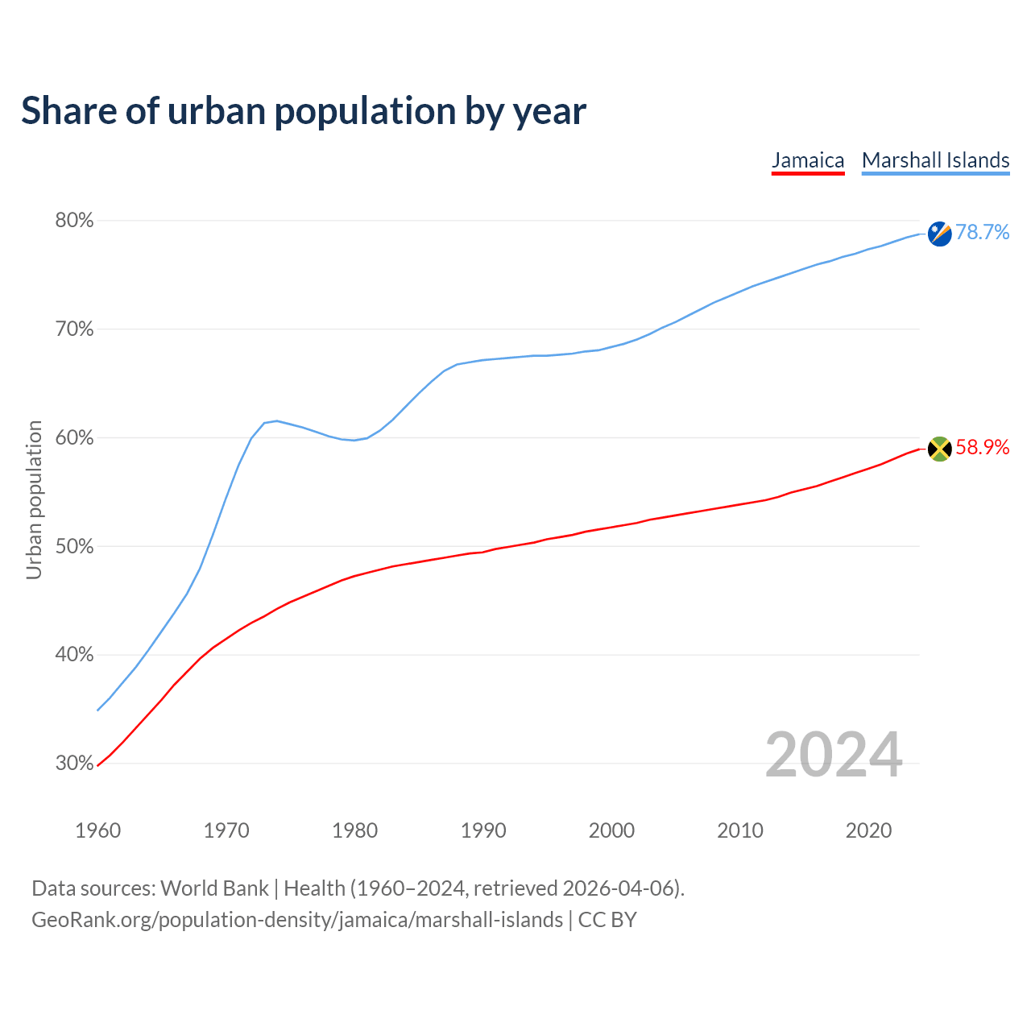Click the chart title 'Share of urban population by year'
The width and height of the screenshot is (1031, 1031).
[x=304, y=111]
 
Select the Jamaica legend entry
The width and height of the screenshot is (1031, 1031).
[x=808, y=160]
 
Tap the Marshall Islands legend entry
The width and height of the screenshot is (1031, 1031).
[x=935, y=160]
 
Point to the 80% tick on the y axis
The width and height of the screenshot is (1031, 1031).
[x=74, y=221]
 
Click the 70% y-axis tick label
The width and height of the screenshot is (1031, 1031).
[x=74, y=329]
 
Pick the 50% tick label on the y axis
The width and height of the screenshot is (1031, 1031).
[x=74, y=547]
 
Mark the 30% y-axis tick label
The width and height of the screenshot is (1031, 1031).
[x=74, y=764]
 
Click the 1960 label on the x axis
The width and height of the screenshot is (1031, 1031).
[x=97, y=830]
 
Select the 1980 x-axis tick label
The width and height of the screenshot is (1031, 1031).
[x=354, y=830]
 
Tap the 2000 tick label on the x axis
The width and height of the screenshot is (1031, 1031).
[x=611, y=830]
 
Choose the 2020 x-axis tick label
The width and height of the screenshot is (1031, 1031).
[x=868, y=830]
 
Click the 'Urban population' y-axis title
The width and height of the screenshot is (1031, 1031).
[x=34, y=499]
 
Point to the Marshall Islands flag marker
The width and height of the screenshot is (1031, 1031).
[x=939, y=234]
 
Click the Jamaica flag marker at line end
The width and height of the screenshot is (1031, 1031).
[x=939, y=449]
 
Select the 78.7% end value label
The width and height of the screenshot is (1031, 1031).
[x=982, y=233]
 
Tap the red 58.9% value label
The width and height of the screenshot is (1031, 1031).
[x=982, y=448]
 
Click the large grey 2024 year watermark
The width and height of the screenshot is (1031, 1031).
[x=834, y=756]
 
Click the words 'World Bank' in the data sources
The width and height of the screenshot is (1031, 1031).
[x=214, y=888]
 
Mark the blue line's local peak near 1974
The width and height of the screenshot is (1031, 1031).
[x=276, y=420]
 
